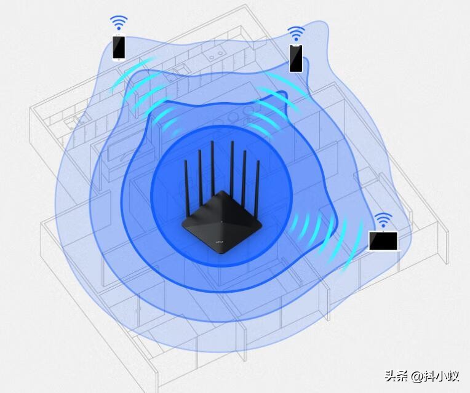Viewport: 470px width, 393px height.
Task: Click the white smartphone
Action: [x=119, y=48]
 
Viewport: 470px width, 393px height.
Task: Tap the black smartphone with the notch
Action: [x=295, y=58]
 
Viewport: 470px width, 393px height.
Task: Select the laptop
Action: [x=384, y=241]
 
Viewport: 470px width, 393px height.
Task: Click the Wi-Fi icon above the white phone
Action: [x=119, y=23]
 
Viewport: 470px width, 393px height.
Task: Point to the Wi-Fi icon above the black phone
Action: [x=296, y=34]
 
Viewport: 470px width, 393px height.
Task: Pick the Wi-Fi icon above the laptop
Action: [x=383, y=220]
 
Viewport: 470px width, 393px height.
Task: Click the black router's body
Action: [x=222, y=222]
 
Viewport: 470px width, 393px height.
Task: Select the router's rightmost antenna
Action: [x=257, y=188]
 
